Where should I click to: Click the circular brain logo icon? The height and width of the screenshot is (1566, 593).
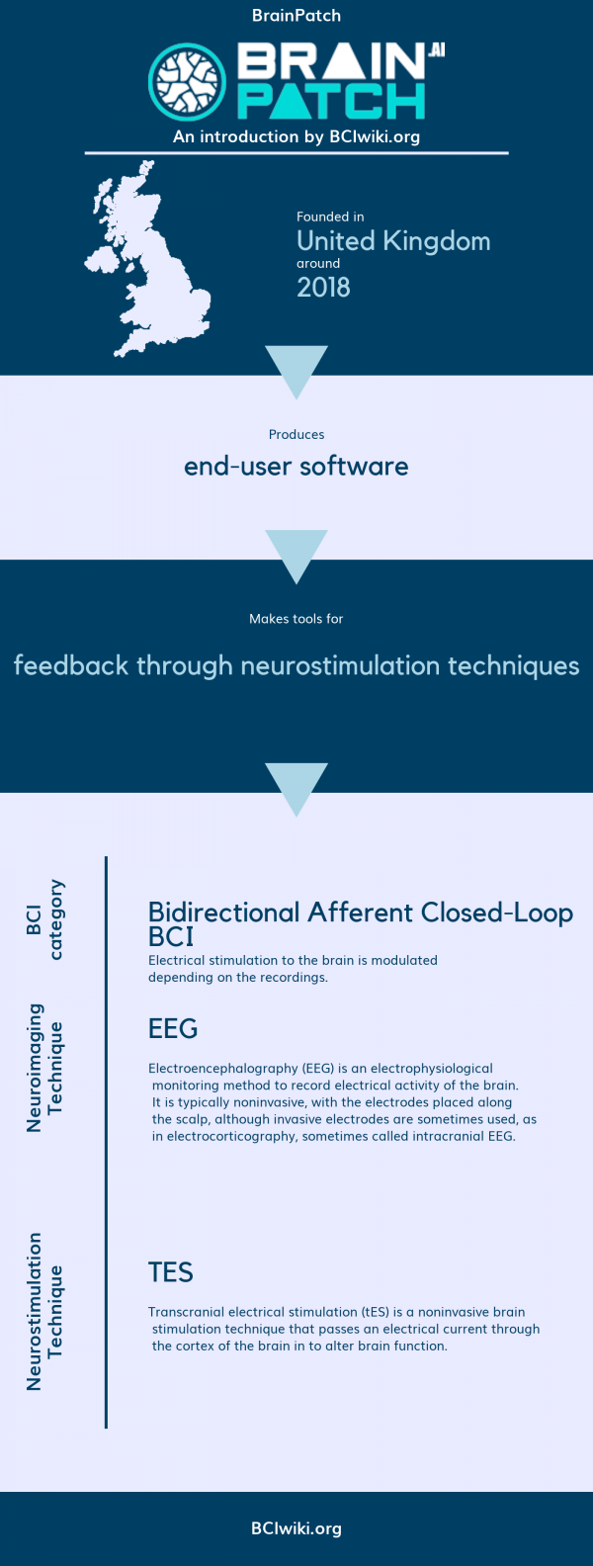click(188, 82)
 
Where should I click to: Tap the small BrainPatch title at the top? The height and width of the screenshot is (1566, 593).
click(296, 16)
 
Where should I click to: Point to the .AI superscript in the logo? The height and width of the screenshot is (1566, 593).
click(436, 50)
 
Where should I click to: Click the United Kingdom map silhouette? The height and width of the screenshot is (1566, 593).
click(148, 267)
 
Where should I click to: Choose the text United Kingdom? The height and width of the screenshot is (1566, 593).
click(393, 241)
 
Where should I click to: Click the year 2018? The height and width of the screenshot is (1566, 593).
click(323, 288)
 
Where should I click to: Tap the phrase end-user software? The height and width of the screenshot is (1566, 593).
click(296, 467)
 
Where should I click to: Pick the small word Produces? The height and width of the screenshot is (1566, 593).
click(296, 435)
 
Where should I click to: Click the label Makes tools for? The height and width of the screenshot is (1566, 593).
click(296, 619)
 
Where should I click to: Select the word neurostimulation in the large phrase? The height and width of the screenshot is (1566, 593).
click(341, 665)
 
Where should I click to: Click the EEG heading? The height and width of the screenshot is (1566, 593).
click(173, 1029)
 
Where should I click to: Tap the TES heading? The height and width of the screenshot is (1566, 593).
click(171, 1272)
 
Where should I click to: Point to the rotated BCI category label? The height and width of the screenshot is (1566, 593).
click(45, 919)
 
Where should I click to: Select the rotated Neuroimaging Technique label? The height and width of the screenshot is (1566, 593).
click(45, 1068)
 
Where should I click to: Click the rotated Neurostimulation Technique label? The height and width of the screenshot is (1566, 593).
click(45, 1311)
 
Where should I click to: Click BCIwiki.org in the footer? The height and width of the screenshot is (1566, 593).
click(296, 1528)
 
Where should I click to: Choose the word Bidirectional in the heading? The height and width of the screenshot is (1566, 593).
click(223, 913)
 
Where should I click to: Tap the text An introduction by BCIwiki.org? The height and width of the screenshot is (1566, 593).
click(296, 137)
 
